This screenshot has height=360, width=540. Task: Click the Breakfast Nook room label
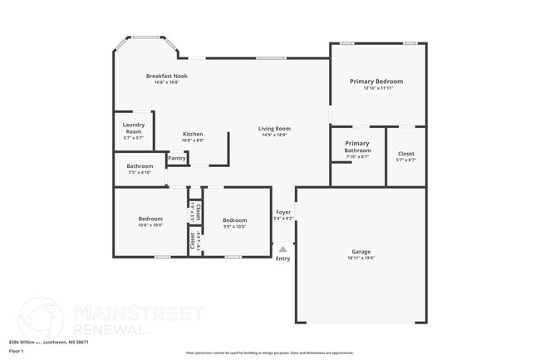click(x=167, y=76)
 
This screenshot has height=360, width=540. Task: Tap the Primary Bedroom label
click(x=376, y=81)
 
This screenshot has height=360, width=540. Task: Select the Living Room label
click(x=273, y=128)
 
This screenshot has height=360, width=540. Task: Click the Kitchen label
click(x=193, y=134)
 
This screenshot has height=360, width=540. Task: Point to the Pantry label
click(x=177, y=158)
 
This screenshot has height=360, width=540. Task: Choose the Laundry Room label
click(x=134, y=128)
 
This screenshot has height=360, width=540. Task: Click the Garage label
click(x=361, y=251)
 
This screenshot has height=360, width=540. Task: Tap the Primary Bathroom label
click(x=357, y=146)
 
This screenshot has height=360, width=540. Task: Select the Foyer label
click(x=283, y=212)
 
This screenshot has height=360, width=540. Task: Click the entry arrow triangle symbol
click(x=283, y=248)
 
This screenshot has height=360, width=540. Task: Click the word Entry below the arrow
click(x=283, y=259)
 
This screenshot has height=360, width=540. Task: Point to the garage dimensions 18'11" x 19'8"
click(x=361, y=258)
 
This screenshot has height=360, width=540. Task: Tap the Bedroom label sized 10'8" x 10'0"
click(x=150, y=219)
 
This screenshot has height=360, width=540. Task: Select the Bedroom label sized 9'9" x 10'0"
click(x=235, y=219)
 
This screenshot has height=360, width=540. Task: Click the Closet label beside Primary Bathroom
click(x=406, y=153)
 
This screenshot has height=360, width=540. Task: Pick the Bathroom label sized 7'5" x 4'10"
click(x=140, y=165)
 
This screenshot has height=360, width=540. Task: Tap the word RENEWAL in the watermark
click(x=111, y=329)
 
